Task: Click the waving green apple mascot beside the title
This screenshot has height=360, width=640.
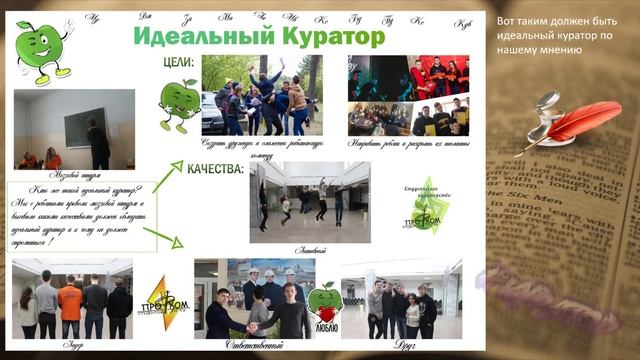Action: click(42, 50)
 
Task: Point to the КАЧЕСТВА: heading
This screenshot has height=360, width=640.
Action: click(215, 170)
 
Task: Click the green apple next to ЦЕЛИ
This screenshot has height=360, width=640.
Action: click(180, 102)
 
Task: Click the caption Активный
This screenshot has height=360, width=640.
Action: click(311, 249)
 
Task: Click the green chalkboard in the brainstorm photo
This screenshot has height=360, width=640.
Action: click(80, 128)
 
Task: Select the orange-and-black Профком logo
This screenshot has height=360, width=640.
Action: click(163, 297)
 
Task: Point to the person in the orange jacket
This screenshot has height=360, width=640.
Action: click(70, 305)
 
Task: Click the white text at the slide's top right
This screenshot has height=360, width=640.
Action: click(550, 35)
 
